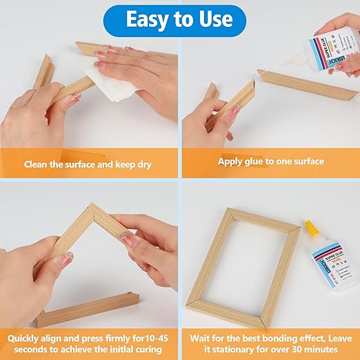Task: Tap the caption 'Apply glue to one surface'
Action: [x=270, y=161]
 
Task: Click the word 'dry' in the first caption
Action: [x=144, y=165]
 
